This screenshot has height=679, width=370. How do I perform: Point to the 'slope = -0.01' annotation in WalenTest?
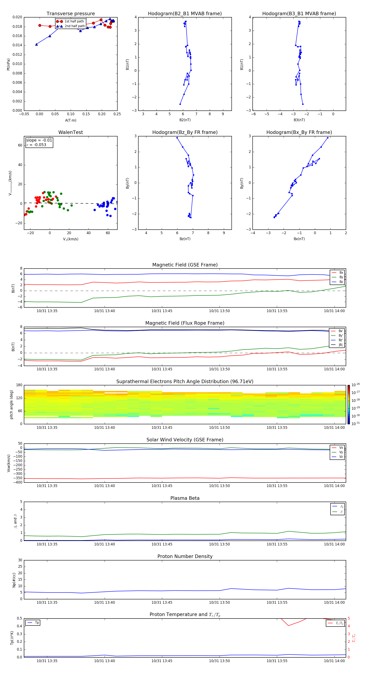point(39,140)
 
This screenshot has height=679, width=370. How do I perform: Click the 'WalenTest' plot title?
point(71,132)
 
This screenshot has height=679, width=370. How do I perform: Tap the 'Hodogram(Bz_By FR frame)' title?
point(185,132)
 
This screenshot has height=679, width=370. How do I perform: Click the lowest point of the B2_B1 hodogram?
point(180,104)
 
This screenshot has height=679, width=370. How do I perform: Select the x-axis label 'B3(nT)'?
point(299,120)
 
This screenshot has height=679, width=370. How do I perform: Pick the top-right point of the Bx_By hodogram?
point(328,138)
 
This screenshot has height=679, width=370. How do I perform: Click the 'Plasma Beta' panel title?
point(185,498)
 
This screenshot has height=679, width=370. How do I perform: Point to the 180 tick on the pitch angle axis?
point(19,385)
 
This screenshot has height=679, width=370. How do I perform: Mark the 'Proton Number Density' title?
point(185,556)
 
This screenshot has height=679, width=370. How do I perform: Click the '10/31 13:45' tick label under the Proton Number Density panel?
point(162,602)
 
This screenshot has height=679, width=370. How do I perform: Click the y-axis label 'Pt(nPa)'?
point(8,64)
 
